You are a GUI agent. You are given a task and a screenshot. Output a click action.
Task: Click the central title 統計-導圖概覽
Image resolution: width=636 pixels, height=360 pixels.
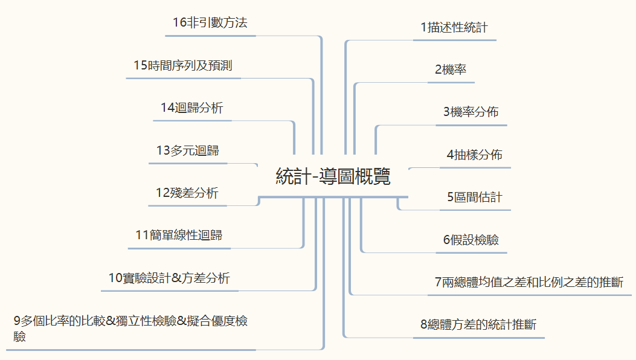point(333,176)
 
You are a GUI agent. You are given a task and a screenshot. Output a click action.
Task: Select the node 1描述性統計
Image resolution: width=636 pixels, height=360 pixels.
point(454,28)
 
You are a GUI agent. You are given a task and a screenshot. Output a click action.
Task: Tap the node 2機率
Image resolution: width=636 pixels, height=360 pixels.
point(451,70)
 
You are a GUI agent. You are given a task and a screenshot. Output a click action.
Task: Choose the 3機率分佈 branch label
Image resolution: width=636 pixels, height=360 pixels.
point(471,112)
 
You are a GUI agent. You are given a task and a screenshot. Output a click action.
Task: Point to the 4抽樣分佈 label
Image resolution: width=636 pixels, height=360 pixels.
point(475,155)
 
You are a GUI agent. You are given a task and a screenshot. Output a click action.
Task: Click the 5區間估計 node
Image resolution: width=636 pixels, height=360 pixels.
point(475,198)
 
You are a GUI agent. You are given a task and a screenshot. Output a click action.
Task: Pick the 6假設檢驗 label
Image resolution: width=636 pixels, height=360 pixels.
point(471,240)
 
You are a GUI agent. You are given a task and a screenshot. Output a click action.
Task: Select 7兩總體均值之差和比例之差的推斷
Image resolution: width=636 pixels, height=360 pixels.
point(529,282)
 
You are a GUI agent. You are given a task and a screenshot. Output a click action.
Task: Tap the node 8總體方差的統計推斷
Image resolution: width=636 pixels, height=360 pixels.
point(478,325)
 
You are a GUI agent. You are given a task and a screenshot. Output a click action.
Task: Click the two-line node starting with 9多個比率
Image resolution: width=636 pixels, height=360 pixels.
point(130,329)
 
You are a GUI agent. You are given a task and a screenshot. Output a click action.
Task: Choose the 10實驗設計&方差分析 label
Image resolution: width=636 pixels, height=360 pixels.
point(169,278)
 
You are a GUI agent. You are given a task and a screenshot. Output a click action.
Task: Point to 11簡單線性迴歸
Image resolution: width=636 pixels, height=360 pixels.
point(179,235)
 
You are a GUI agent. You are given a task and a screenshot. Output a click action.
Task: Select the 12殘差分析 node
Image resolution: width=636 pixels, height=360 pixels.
point(187,193)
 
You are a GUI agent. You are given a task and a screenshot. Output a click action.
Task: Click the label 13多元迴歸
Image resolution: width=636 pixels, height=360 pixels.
point(187,150)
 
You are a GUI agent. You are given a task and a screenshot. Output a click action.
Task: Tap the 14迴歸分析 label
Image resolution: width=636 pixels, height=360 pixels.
point(192,108)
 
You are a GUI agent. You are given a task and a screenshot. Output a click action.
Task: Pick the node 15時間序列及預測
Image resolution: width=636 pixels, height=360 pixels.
point(183,65)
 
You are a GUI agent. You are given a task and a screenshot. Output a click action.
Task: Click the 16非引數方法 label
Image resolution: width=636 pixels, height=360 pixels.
point(210,22)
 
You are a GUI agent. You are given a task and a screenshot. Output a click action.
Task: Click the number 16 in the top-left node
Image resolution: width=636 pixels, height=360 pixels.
point(179,22)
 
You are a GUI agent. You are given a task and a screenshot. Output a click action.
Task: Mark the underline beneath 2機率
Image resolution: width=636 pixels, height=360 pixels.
point(451,82)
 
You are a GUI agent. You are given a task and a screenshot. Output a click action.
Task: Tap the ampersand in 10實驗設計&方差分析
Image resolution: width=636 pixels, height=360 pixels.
point(176,278)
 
